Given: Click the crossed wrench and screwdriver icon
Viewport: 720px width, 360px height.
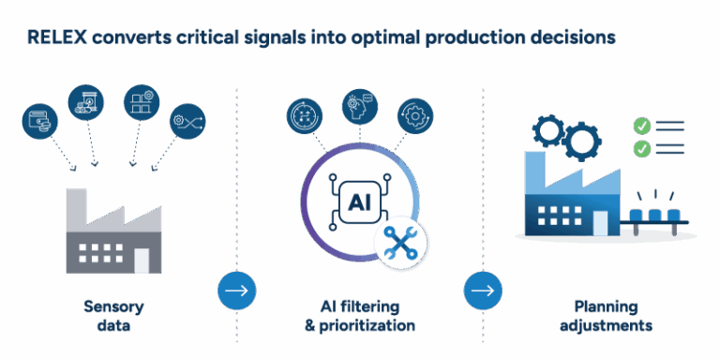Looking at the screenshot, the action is [401, 243].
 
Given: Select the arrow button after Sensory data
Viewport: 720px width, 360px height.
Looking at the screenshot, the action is [236, 291].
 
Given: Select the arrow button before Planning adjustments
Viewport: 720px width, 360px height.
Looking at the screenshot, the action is [483, 291].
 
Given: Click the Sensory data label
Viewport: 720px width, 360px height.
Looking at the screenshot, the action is [113, 316].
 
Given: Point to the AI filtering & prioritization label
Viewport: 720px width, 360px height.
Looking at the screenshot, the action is [359, 316].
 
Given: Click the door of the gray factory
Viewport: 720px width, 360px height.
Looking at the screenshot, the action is [142, 258].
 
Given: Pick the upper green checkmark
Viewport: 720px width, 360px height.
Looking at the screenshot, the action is [642, 126].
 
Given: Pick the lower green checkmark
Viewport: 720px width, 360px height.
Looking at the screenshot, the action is [642, 148].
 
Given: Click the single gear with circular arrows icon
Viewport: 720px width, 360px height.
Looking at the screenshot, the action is [414, 115].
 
